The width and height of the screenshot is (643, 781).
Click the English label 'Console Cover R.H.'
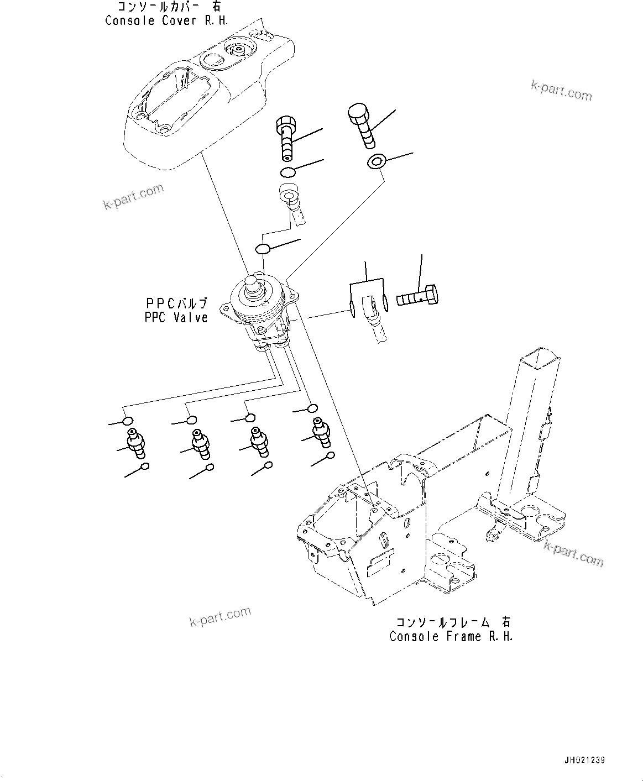click(166, 20)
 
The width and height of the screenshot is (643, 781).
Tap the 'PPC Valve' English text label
click(176, 317)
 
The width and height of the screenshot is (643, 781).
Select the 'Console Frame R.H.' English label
click(451, 636)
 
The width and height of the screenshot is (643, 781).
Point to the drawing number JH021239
click(585, 760)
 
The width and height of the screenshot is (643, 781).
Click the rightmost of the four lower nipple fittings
click(321, 429)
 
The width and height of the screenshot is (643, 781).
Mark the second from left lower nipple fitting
click(200, 443)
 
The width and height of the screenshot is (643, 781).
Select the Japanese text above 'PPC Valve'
click(176, 303)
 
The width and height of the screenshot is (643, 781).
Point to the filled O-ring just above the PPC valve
click(263, 248)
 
